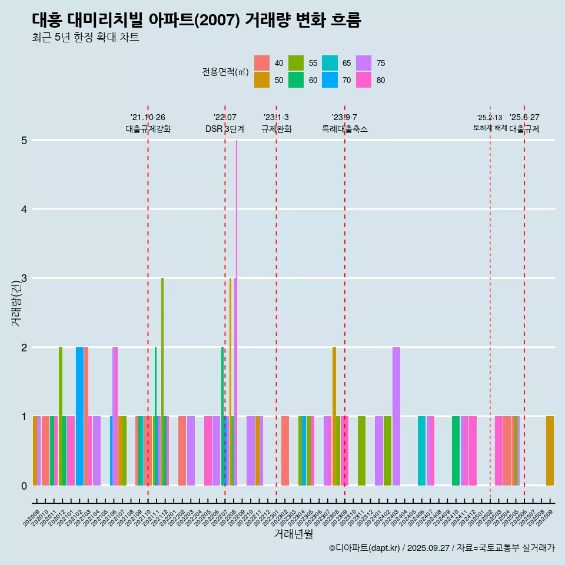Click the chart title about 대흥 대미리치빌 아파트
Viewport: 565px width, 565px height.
click(196, 20)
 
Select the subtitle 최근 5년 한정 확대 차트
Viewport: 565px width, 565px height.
click(85, 38)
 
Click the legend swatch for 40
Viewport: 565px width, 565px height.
click(262, 63)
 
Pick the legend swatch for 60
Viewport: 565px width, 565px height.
click(296, 80)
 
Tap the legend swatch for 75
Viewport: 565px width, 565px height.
click(364, 63)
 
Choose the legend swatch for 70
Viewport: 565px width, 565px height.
click(330, 80)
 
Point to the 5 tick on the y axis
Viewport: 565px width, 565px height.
click(24, 140)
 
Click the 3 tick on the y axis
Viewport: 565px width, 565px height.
click(24, 278)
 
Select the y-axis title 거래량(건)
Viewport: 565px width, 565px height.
click(16, 303)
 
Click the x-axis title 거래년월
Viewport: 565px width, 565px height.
click(293, 534)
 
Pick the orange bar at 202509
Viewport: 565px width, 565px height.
click(550, 450)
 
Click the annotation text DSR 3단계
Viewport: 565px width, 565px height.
click(225, 129)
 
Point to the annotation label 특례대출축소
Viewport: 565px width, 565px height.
click(345, 129)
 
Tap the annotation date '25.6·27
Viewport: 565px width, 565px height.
click(524, 117)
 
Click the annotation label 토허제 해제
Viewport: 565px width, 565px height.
click(490, 128)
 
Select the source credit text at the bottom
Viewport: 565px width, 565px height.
click(441, 548)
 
